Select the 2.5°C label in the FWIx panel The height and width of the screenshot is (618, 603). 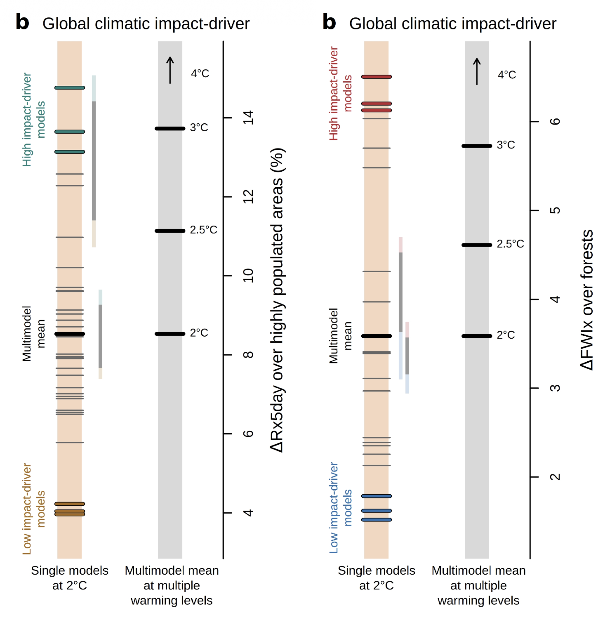(x=510, y=244)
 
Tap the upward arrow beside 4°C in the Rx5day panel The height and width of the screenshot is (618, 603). (x=170, y=70)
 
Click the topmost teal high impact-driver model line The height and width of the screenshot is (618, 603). (x=70, y=88)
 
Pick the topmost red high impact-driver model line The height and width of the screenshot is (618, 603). (x=376, y=77)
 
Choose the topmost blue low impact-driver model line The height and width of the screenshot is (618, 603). (x=376, y=496)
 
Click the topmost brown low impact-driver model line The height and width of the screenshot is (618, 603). (x=70, y=504)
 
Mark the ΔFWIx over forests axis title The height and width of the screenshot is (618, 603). (x=587, y=300)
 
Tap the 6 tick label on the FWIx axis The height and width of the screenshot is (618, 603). (x=555, y=122)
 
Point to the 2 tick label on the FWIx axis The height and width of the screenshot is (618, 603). (x=555, y=477)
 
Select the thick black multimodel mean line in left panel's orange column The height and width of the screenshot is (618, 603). (x=70, y=334)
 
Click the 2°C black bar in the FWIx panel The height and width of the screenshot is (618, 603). (x=477, y=336)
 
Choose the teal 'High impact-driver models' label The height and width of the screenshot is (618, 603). (x=34, y=120)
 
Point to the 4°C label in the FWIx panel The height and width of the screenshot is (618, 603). (x=507, y=75)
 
